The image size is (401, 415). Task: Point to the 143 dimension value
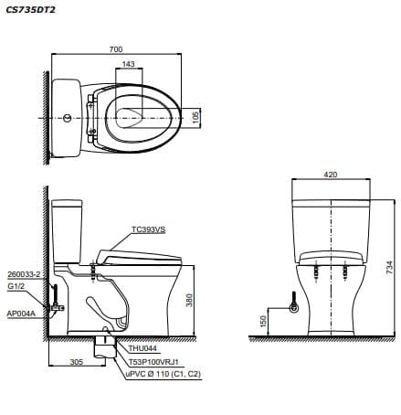click(x=128, y=64)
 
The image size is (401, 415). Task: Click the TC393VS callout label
click(x=148, y=230)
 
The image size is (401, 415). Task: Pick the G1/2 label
click(x=16, y=285)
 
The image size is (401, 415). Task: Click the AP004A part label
click(x=20, y=313)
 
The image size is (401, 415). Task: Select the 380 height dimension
click(x=190, y=300)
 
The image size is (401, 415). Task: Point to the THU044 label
click(x=142, y=347)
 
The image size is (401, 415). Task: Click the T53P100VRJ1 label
click(x=153, y=361)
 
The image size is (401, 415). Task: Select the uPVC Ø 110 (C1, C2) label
click(x=163, y=375)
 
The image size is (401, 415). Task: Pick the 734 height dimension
click(x=388, y=267)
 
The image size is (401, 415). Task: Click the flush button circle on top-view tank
click(x=67, y=118)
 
